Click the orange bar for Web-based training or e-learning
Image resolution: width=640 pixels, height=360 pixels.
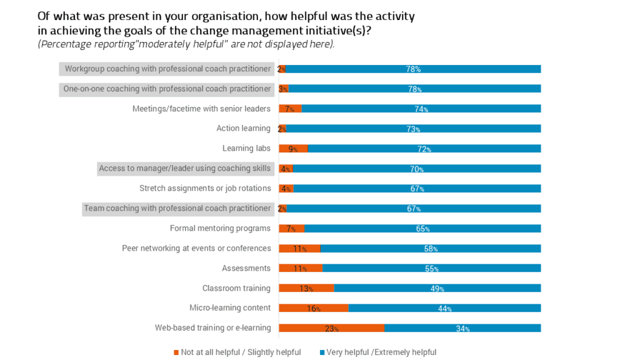pyautogui.click(x=331, y=327)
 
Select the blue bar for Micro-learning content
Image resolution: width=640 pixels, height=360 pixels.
pyautogui.click(x=444, y=308)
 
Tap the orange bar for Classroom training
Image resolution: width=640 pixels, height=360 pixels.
pyautogui.click(x=306, y=288)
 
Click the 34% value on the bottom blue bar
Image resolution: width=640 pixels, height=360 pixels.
pyautogui.click(x=462, y=329)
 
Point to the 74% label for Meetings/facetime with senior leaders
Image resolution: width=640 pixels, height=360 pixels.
pyautogui.click(x=421, y=109)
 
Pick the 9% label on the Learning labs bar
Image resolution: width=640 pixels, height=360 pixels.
pyautogui.click(x=292, y=149)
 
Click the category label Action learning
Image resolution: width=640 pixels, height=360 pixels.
pyautogui.click(x=243, y=129)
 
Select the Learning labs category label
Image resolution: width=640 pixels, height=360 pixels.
pyautogui.click(x=246, y=149)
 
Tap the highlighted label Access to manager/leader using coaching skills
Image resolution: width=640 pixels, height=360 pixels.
pyautogui.click(x=185, y=168)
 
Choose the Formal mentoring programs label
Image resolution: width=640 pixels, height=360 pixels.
pyautogui.click(x=220, y=229)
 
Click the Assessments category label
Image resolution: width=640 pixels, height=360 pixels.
pyautogui.click(x=246, y=269)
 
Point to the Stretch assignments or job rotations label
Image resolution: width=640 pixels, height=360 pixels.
pyautogui.click(x=205, y=189)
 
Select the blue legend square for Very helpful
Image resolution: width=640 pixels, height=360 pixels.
pyautogui.click(x=322, y=352)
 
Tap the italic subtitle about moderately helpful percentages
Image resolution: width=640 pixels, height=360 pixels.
pyautogui.click(x=186, y=44)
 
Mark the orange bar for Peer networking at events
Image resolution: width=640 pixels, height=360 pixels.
pyautogui.click(x=299, y=248)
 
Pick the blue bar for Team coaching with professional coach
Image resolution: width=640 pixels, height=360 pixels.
pyautogui.click(x=413, y=208)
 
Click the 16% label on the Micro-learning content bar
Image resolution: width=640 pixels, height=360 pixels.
pyautogui.click(x=313, y=309)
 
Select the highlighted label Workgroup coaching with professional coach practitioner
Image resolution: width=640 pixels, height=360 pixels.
pyautogui.click(x=167, y=69)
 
